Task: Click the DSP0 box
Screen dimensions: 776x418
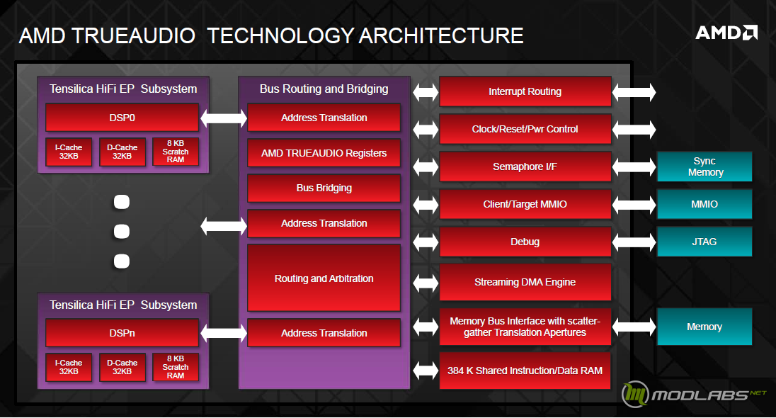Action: [122, 118]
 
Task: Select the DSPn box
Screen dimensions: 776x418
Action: [122, 333]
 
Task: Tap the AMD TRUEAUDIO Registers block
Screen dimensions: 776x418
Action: [324, 153]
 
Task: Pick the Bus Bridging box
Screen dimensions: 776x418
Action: [324, 188]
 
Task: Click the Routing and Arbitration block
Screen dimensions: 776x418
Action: [324, 278]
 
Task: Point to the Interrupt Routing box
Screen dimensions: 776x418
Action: [525, 91]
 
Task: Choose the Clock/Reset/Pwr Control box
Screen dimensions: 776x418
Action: [525, 129]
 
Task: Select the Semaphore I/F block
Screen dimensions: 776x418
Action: [525, 166]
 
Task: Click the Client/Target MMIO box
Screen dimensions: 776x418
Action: [525, 204]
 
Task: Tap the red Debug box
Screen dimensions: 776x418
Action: [525, 242]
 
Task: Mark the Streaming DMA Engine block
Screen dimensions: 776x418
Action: [525, 282]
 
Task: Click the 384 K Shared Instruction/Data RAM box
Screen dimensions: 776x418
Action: [525, 371]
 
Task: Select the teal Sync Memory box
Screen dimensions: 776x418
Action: [704, 166]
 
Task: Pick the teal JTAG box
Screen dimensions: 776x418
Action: [704, 242]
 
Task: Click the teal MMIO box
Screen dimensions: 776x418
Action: [704, 204]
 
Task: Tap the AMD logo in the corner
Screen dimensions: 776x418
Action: [726, 33]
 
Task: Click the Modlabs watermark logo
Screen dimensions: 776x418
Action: [693, 394]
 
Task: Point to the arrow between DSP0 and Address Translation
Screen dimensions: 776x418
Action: [224, 118]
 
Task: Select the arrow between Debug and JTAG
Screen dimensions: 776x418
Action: [634, 242]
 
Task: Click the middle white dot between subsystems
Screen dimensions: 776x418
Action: [122, 231]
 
